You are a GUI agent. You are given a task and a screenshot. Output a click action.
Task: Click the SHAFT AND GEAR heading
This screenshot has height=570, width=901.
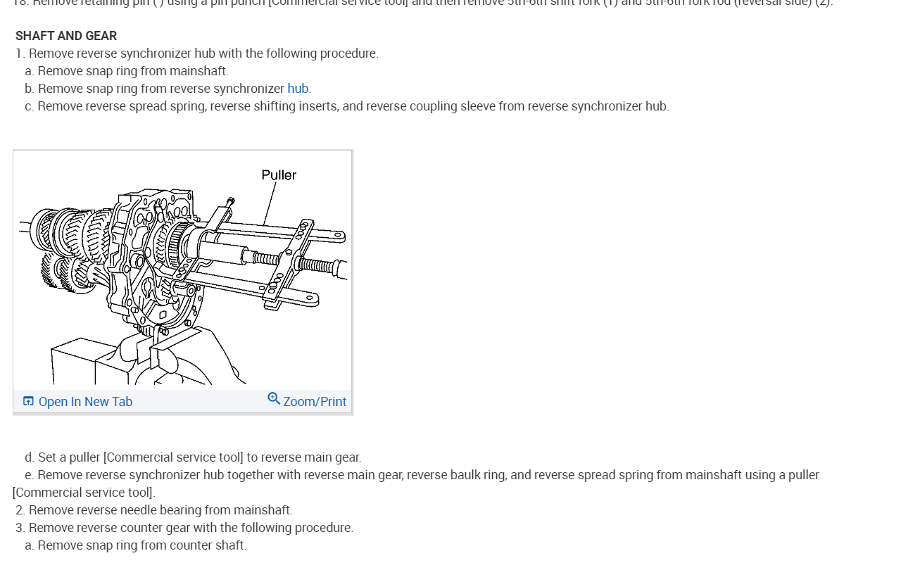point(66,36)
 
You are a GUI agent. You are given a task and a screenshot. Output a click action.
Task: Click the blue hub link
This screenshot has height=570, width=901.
point(298,89)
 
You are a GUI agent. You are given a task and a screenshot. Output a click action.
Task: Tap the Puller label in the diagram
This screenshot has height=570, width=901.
point(279,175)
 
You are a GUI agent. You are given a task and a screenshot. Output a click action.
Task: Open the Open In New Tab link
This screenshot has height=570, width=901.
point(85,402)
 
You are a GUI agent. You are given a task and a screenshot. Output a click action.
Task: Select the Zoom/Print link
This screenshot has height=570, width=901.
point(315,402)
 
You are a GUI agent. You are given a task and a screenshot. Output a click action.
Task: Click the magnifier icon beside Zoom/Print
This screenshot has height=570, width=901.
point(274,399)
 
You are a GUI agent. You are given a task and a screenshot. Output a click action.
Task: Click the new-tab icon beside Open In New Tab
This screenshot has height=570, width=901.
point(28,401)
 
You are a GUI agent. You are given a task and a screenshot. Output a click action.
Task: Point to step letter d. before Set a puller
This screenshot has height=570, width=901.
point(29,457)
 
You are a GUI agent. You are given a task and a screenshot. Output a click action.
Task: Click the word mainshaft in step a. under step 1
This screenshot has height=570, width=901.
point(203,71)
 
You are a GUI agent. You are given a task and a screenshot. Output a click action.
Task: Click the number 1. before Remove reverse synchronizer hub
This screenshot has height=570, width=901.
point(20,53)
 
